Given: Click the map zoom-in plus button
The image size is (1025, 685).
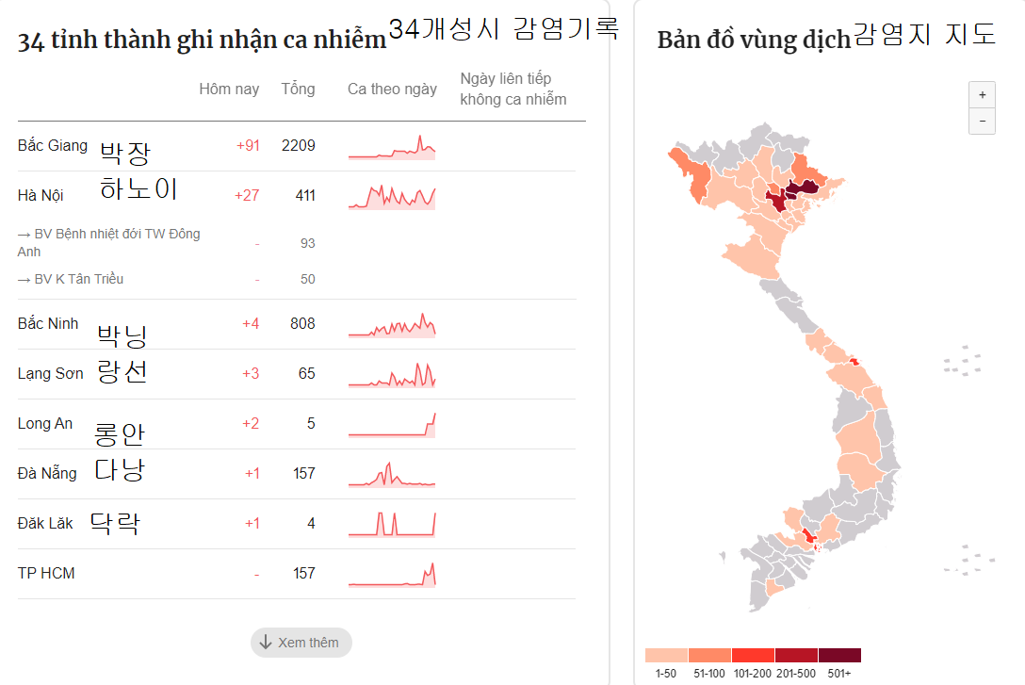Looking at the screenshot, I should (x=982, y=95).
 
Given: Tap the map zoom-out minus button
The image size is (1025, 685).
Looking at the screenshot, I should (x=982, y=122).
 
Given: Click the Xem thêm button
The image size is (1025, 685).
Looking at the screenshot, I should (x=301, y=643).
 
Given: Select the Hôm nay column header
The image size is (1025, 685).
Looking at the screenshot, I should (x=229, y=90).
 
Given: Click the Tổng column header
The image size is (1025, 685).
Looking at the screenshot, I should (x=298, y=90).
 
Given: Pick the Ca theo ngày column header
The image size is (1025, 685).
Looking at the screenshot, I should (x=392, y=90).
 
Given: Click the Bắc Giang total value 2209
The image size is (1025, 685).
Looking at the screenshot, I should (x=298, y=145).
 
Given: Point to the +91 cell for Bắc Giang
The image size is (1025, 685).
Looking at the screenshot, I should (x=248, y=145).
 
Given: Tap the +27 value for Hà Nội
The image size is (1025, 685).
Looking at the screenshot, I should (x=248, y=195).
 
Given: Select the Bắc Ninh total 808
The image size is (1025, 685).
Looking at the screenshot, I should (x=302, y=323).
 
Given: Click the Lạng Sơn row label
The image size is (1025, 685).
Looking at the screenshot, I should (x=50, y=373).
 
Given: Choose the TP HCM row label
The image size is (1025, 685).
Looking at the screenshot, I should (x=46, y=573).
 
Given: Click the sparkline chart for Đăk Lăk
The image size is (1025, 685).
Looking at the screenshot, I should (x=392, y=523).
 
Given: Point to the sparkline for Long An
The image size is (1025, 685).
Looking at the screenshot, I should (x=392, y=425).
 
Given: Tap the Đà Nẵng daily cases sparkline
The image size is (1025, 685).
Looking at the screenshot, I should (x=392, y=474).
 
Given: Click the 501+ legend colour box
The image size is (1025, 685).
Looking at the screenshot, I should (x=839, y=655).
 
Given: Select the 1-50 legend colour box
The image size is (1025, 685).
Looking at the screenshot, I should (x=666, y=655).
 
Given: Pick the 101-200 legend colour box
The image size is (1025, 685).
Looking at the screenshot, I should (x=753, y=655).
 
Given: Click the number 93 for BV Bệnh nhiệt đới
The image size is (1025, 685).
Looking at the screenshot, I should (x=307, y=243).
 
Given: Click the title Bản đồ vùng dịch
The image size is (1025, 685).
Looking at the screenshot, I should (x=754, y=41).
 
